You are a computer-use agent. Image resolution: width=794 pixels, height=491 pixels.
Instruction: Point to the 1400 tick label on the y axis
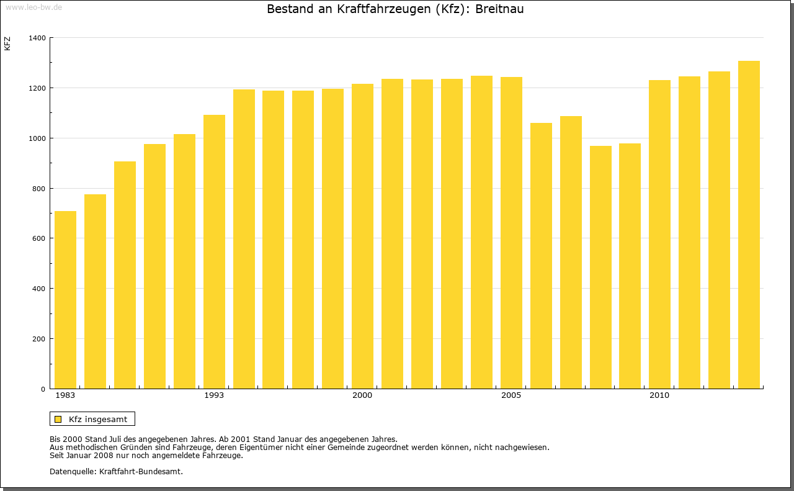tap(37, 38)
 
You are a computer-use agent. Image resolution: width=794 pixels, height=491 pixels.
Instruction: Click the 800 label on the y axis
tap(39, 189)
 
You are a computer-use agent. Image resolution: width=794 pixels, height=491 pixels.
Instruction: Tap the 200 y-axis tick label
tap(39, 339)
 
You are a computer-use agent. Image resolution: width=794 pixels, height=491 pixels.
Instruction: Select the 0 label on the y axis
tap(43, 389)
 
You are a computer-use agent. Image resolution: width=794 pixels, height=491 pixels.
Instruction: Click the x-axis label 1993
tap(214, 395)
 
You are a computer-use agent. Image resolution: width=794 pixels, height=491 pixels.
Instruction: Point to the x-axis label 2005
tap(511, 395)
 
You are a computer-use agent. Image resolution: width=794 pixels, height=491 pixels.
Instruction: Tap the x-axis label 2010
tap(659, 395)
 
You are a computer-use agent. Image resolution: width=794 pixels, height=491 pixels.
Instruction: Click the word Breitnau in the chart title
tap(499, 9)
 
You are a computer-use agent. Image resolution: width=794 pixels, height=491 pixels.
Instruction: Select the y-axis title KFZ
tap(7, 43)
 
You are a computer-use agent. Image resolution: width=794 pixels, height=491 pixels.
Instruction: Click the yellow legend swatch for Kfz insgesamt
tap(58, 419)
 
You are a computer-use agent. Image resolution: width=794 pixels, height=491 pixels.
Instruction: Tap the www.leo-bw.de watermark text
tap(33, 6)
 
